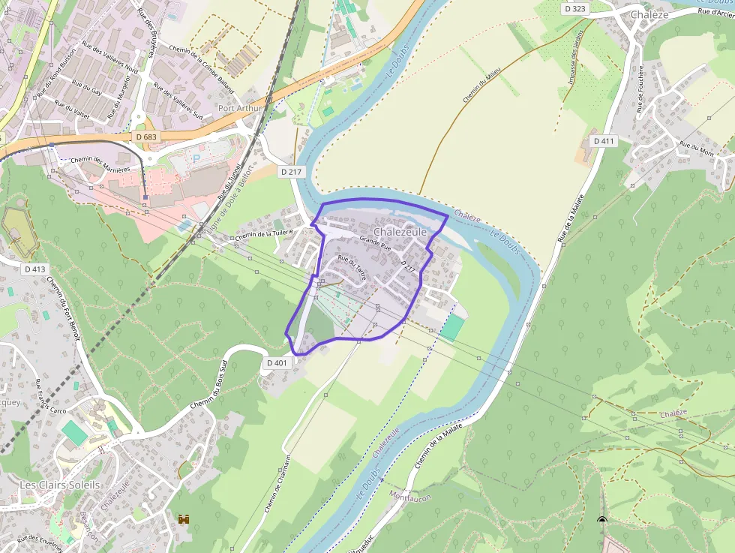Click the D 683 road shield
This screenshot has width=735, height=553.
[x=147, y=137]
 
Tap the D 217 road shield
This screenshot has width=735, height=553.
[x=291, y=172]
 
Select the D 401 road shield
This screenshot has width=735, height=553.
[x=277, y=363]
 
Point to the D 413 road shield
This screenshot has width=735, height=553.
[x=35, y=269]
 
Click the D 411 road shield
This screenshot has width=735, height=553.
[x=604, y=140]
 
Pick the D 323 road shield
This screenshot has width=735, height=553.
[x=575, y=9]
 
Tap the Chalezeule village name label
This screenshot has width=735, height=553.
[x=400, y=232]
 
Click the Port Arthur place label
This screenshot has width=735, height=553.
[x=240, y=108]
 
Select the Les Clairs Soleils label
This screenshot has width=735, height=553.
[x=60, y=485]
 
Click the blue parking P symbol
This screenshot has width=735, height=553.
[x=196, y=158]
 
